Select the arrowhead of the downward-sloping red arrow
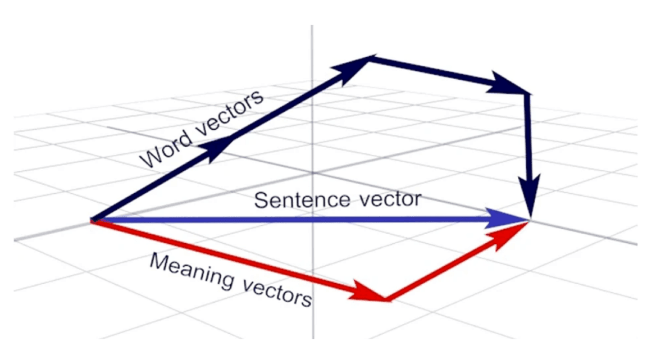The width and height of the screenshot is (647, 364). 368,292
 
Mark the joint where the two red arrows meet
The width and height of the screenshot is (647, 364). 386,299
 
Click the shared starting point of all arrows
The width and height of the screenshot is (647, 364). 93,220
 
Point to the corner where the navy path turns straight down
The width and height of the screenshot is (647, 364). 527,95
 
